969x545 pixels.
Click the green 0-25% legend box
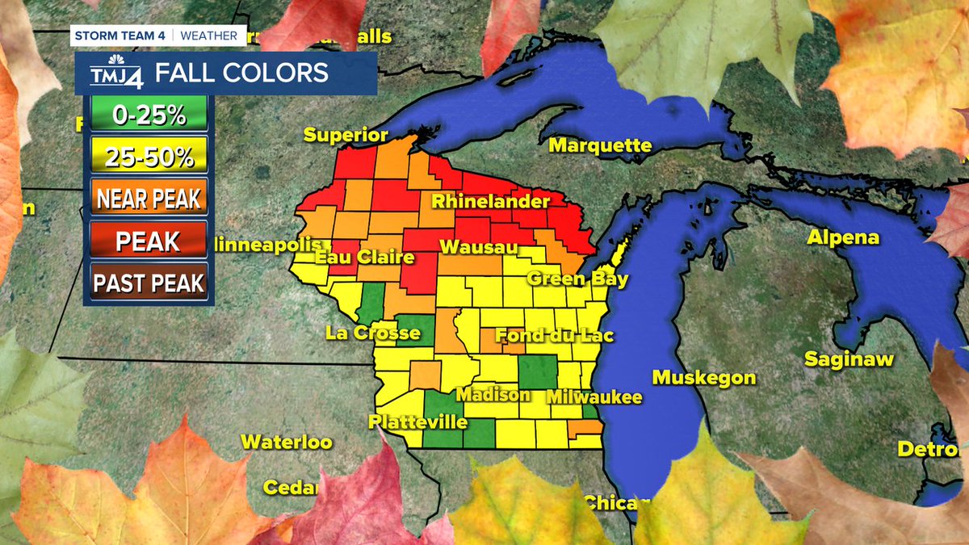coord(149,115)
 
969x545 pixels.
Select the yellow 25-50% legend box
coord(149,157)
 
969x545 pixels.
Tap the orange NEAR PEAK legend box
coord(149,199)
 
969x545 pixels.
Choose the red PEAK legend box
coord(149,241)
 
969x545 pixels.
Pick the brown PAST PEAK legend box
coord(149,283)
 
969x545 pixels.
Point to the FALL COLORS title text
coord(241,73)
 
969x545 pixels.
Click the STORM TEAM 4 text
coord(121,36)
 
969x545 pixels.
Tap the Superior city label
coord(346,135)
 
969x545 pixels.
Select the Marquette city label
coord(600,145)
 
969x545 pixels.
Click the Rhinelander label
coord(490,201)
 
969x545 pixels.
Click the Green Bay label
coord(577,279)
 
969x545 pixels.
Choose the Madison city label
coord(493,395)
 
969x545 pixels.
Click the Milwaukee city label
coord(594,397)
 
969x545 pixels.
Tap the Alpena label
coord(843,238)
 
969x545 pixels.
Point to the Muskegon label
coord(704,377)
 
